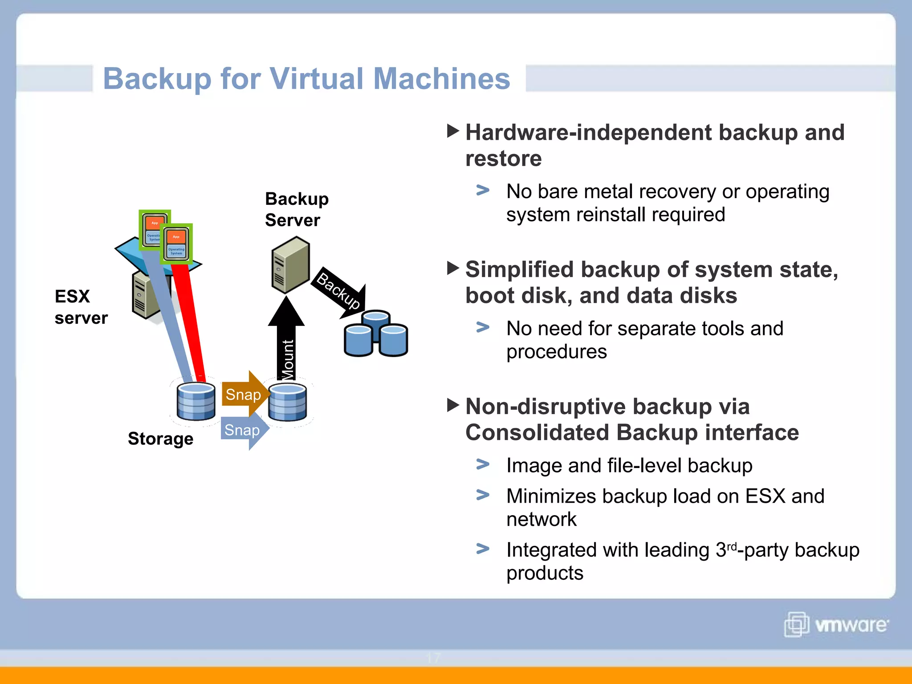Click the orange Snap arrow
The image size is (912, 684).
point(244,394)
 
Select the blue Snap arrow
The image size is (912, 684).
point(243,431)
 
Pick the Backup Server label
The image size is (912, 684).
point(296,209)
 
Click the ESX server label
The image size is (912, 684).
point(81,307)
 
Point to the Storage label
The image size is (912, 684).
point(160,439)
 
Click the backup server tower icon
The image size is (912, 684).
point(290,265)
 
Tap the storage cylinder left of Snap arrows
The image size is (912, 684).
point(196,402)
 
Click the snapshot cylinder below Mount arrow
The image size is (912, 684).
point(288,403)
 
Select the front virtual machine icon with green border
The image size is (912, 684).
point(176,244)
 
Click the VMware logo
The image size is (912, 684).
point(836,624)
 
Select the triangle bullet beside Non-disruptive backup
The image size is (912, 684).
point(452,405)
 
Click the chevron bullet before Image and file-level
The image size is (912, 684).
point(483,464)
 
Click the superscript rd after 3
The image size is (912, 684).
point(732,546)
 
